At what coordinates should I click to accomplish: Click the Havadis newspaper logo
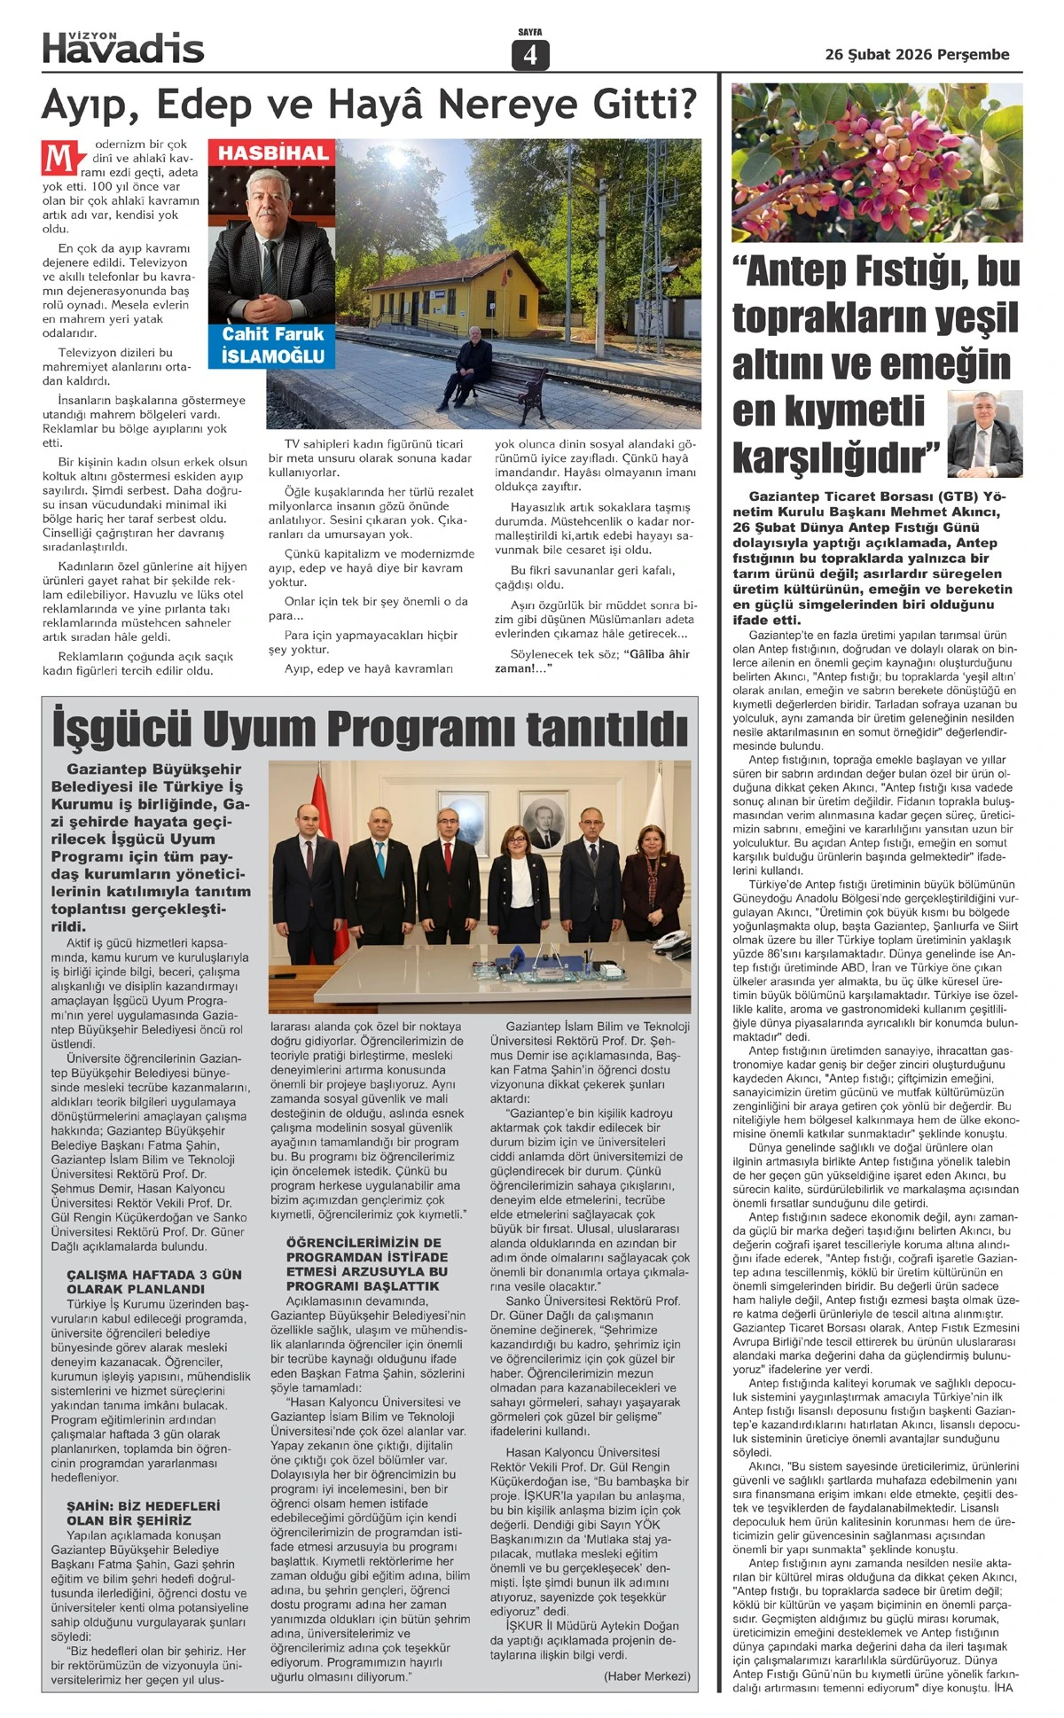point(123,48)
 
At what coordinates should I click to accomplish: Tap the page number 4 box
point(530,56)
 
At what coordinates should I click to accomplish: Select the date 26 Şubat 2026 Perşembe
point(917,55)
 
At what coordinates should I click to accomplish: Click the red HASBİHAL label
point(272,153)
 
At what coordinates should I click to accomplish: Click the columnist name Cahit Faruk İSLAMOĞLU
point(272,346)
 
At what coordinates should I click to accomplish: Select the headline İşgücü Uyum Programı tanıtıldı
point(370,729)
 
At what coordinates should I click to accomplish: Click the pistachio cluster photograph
point(876,162)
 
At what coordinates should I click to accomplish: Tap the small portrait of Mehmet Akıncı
point(983,433)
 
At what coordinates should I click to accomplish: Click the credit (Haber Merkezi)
point(646,1675)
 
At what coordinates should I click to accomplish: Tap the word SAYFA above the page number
point(530,33)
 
